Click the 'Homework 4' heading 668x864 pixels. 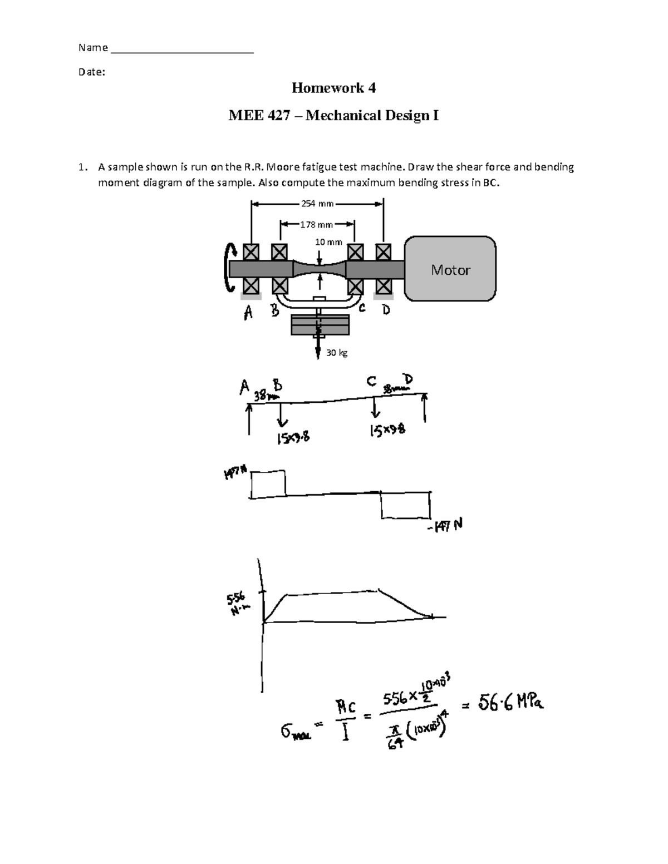tap(333, 88)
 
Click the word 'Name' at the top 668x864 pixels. tap(93, 48)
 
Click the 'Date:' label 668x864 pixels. tap(92, 72)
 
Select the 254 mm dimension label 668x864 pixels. tap(317, 204)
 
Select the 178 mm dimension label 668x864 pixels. tap(316, 225)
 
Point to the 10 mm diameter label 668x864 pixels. tap(328, 242)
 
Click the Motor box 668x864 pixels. tap(450, 270)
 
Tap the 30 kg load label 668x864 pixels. tap(337, 353)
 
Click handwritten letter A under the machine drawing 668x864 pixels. tap(248, 314)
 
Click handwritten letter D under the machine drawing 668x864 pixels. tap(386, 310)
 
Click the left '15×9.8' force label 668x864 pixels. tap(292, 440)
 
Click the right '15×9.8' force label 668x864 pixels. tap(387, 431)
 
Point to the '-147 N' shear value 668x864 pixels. tap(445, 526)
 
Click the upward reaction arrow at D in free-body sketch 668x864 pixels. tap(425, 408)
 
